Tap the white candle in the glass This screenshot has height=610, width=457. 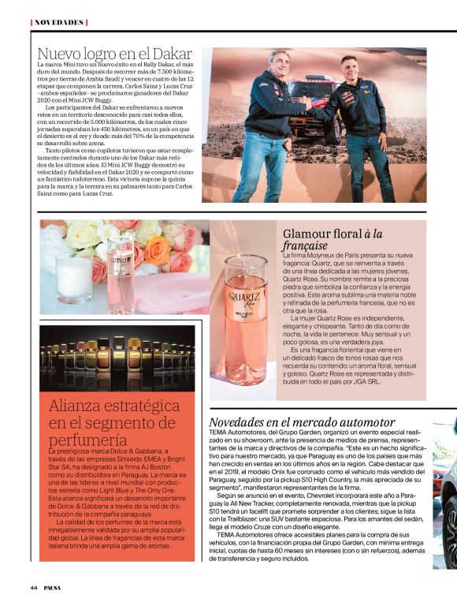tap(73, 278)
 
